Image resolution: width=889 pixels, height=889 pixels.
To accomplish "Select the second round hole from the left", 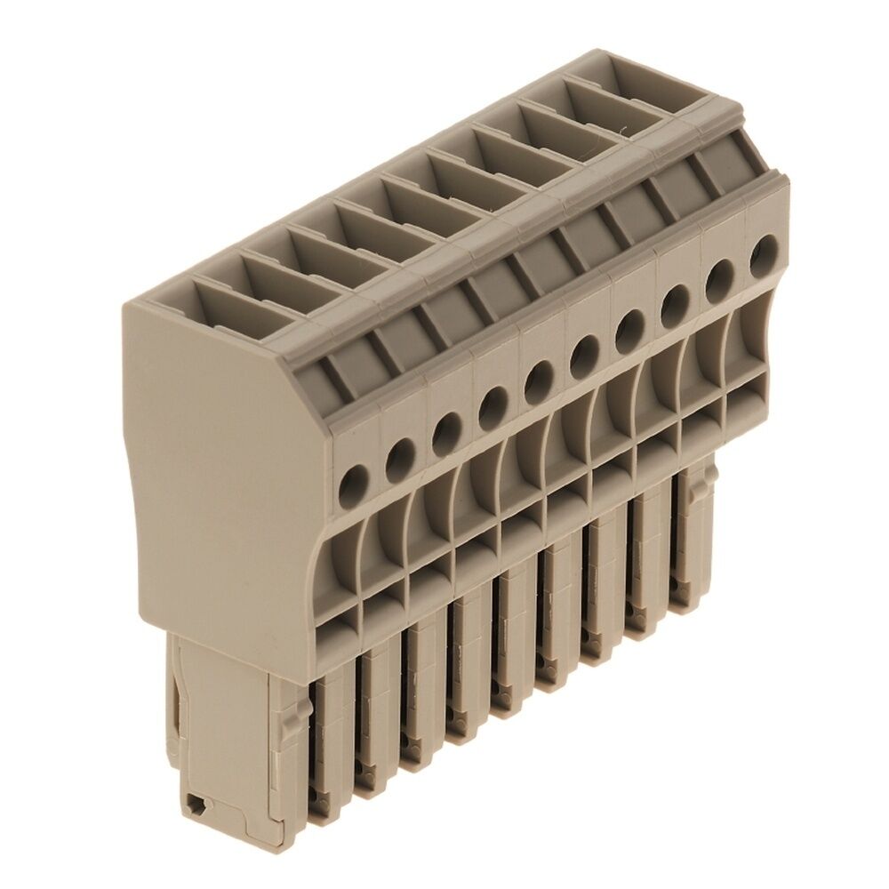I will (x=400, y=457).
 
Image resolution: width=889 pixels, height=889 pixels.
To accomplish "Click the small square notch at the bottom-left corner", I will (x=196, y=805).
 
